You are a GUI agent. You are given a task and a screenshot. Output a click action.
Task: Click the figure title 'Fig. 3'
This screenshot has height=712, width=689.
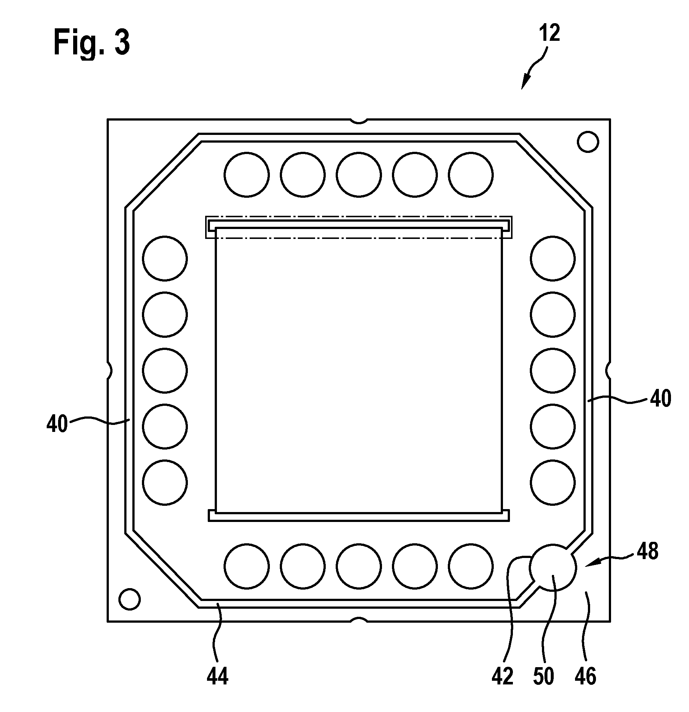92,43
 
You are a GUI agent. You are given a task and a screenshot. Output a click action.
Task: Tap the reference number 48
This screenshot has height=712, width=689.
647,551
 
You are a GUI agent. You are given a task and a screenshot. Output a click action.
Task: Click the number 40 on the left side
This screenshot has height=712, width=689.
57,425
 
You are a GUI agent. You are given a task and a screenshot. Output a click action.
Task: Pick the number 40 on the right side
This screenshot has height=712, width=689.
661,399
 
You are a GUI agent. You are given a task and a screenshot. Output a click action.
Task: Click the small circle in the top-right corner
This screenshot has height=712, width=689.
588,142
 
